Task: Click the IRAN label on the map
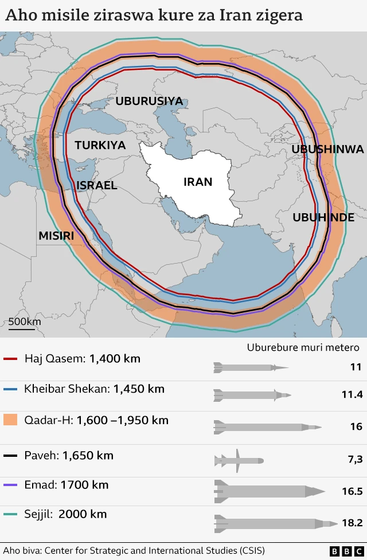(198, 182)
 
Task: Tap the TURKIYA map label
(100, 145)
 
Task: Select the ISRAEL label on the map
(97, 185)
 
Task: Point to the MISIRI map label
(56, 236)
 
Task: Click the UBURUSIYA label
(149, 101)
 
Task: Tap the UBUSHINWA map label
(327, 149)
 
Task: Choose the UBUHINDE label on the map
(323, 217)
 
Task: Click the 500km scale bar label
(24, 322)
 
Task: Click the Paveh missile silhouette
(239, 460)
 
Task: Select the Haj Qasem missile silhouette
(250, 367)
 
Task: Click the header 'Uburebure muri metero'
(303, 347)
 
